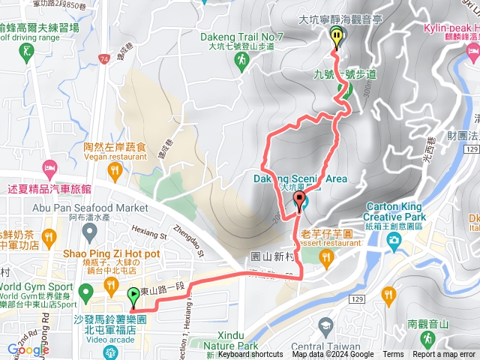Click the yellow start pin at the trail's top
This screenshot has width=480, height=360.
point(336,34)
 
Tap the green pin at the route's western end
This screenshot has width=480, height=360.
point(133,298)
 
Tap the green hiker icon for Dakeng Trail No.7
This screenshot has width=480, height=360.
point(242,59)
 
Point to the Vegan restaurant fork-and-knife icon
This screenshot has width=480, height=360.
point(114,172)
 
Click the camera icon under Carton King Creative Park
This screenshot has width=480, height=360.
point(394,239)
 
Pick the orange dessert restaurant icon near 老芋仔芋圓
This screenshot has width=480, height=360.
point(325,258)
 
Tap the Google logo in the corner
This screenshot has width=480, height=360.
point(28,350)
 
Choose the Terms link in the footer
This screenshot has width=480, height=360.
point(393,355)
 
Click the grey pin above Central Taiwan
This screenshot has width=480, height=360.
point(325,325)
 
